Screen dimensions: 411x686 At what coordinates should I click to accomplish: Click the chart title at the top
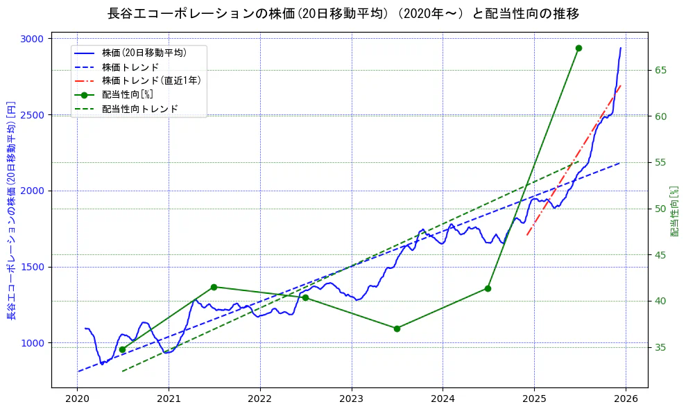click(x=343, y=14)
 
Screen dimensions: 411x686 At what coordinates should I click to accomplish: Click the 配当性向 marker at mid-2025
click(x=578, y=48)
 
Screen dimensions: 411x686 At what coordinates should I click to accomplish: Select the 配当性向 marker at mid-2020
click(x=122, y=349)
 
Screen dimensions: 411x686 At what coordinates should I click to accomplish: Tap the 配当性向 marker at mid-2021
click(x=214, y=287)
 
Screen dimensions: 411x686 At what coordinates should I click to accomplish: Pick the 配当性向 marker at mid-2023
click(x=397, y=329)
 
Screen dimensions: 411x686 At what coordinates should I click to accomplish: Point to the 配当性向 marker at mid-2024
click(x=488, y=288)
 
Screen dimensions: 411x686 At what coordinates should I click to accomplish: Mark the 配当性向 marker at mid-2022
click(x=305, y=297)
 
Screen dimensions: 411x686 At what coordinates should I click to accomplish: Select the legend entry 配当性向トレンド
click(x=139, y=109)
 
